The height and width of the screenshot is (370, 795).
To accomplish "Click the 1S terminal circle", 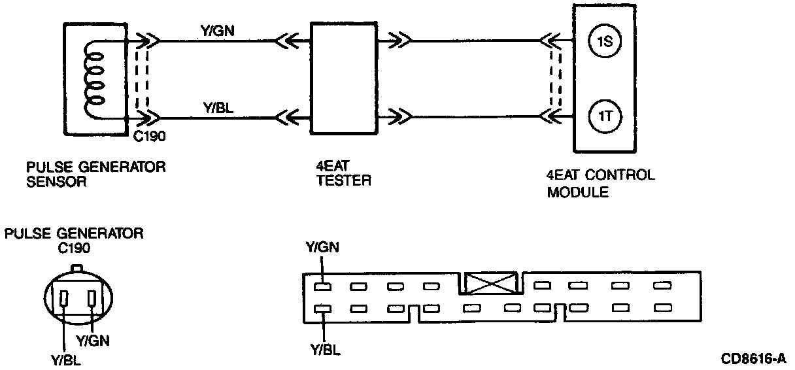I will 604,42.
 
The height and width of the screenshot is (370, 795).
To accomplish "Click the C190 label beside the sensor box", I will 152,138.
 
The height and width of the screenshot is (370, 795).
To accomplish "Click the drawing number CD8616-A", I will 753,358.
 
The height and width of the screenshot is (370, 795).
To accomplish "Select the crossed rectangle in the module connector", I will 493,284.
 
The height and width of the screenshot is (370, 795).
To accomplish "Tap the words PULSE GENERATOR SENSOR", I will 95,175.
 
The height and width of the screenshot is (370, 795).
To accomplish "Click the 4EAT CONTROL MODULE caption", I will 601,183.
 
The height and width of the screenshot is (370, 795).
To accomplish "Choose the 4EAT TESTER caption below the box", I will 343,175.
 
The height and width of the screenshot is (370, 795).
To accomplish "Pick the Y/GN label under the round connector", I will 93,341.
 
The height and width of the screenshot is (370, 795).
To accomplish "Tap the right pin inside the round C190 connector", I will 92,299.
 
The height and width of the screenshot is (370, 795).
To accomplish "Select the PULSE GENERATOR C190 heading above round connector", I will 73,240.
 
